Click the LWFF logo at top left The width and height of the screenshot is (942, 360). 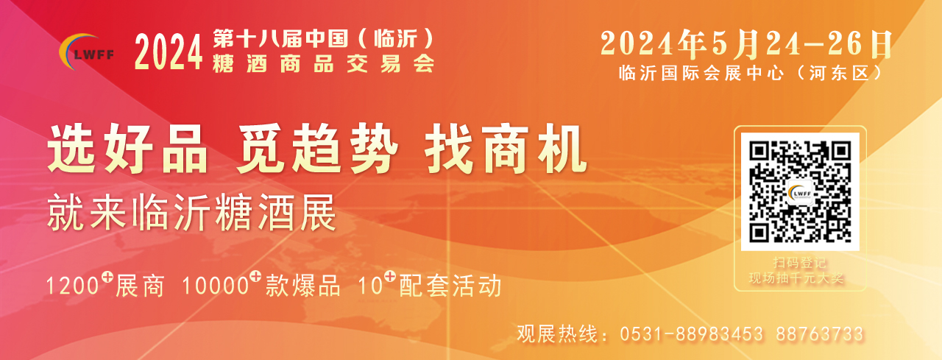click(87, 52)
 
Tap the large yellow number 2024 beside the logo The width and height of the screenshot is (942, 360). click(169, 52)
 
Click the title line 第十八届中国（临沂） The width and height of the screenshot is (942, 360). click(323, 39)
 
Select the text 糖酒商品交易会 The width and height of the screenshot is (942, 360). click(323, 64)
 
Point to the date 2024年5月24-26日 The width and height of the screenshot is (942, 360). click(746, 44)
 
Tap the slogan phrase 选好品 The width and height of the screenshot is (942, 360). click(128, 149)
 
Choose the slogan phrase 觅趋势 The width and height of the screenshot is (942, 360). click(317, 149)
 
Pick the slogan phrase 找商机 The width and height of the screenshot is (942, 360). click(506, 149)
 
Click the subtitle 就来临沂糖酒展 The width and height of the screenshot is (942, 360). click(192, 213)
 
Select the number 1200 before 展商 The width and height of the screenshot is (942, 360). click(72, 286)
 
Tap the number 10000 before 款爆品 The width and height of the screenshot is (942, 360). click(216, 286)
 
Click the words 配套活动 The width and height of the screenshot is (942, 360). click(450, 286)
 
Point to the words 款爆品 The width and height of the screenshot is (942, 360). click(302, 286)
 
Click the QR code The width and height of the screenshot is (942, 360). click(800, 191)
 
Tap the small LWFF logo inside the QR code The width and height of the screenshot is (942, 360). click(800, 193)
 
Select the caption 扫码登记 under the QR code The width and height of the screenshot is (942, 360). click(800, 263)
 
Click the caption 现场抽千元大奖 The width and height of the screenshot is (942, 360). click(796, 278)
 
